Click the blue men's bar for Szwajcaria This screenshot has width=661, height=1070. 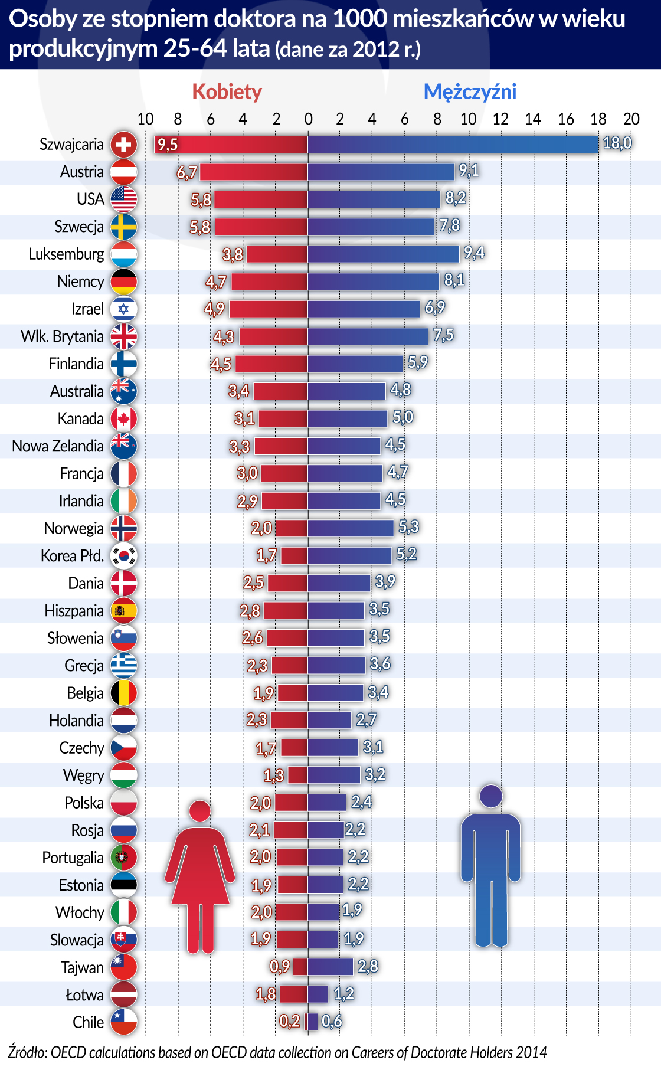click(x=453, y=145)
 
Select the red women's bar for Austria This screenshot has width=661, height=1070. click(x=254, y=172)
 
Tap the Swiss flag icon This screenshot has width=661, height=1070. click(x=123, y=145)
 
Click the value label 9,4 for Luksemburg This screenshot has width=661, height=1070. click(x=474, y=253)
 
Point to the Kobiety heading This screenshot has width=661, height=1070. click(x=227, y=92)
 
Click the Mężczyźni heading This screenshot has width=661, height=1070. click(x=470, y=92)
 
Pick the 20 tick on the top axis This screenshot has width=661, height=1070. click(x=631, y=119)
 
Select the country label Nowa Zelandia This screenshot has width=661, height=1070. click(x=58, y=446)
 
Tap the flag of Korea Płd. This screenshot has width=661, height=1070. click(x=123, y=556)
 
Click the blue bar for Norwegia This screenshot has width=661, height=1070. click(x=351, y=528)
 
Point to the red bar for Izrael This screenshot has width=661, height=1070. click(x=269, y=309)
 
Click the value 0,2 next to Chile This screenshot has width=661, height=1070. click(x=289, y=1021)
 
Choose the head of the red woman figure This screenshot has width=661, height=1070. click(x=200, y=811)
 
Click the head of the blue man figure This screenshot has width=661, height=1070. click(x=490, y=796)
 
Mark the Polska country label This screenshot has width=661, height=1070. click(x=84, y=803)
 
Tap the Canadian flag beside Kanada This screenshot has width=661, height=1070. click(x=123, y=419)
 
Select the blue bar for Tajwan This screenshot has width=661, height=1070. click(x=330, y=967)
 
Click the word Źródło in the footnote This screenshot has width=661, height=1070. click(x=27, y=1052)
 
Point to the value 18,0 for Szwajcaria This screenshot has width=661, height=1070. click(x=617, y=143)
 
